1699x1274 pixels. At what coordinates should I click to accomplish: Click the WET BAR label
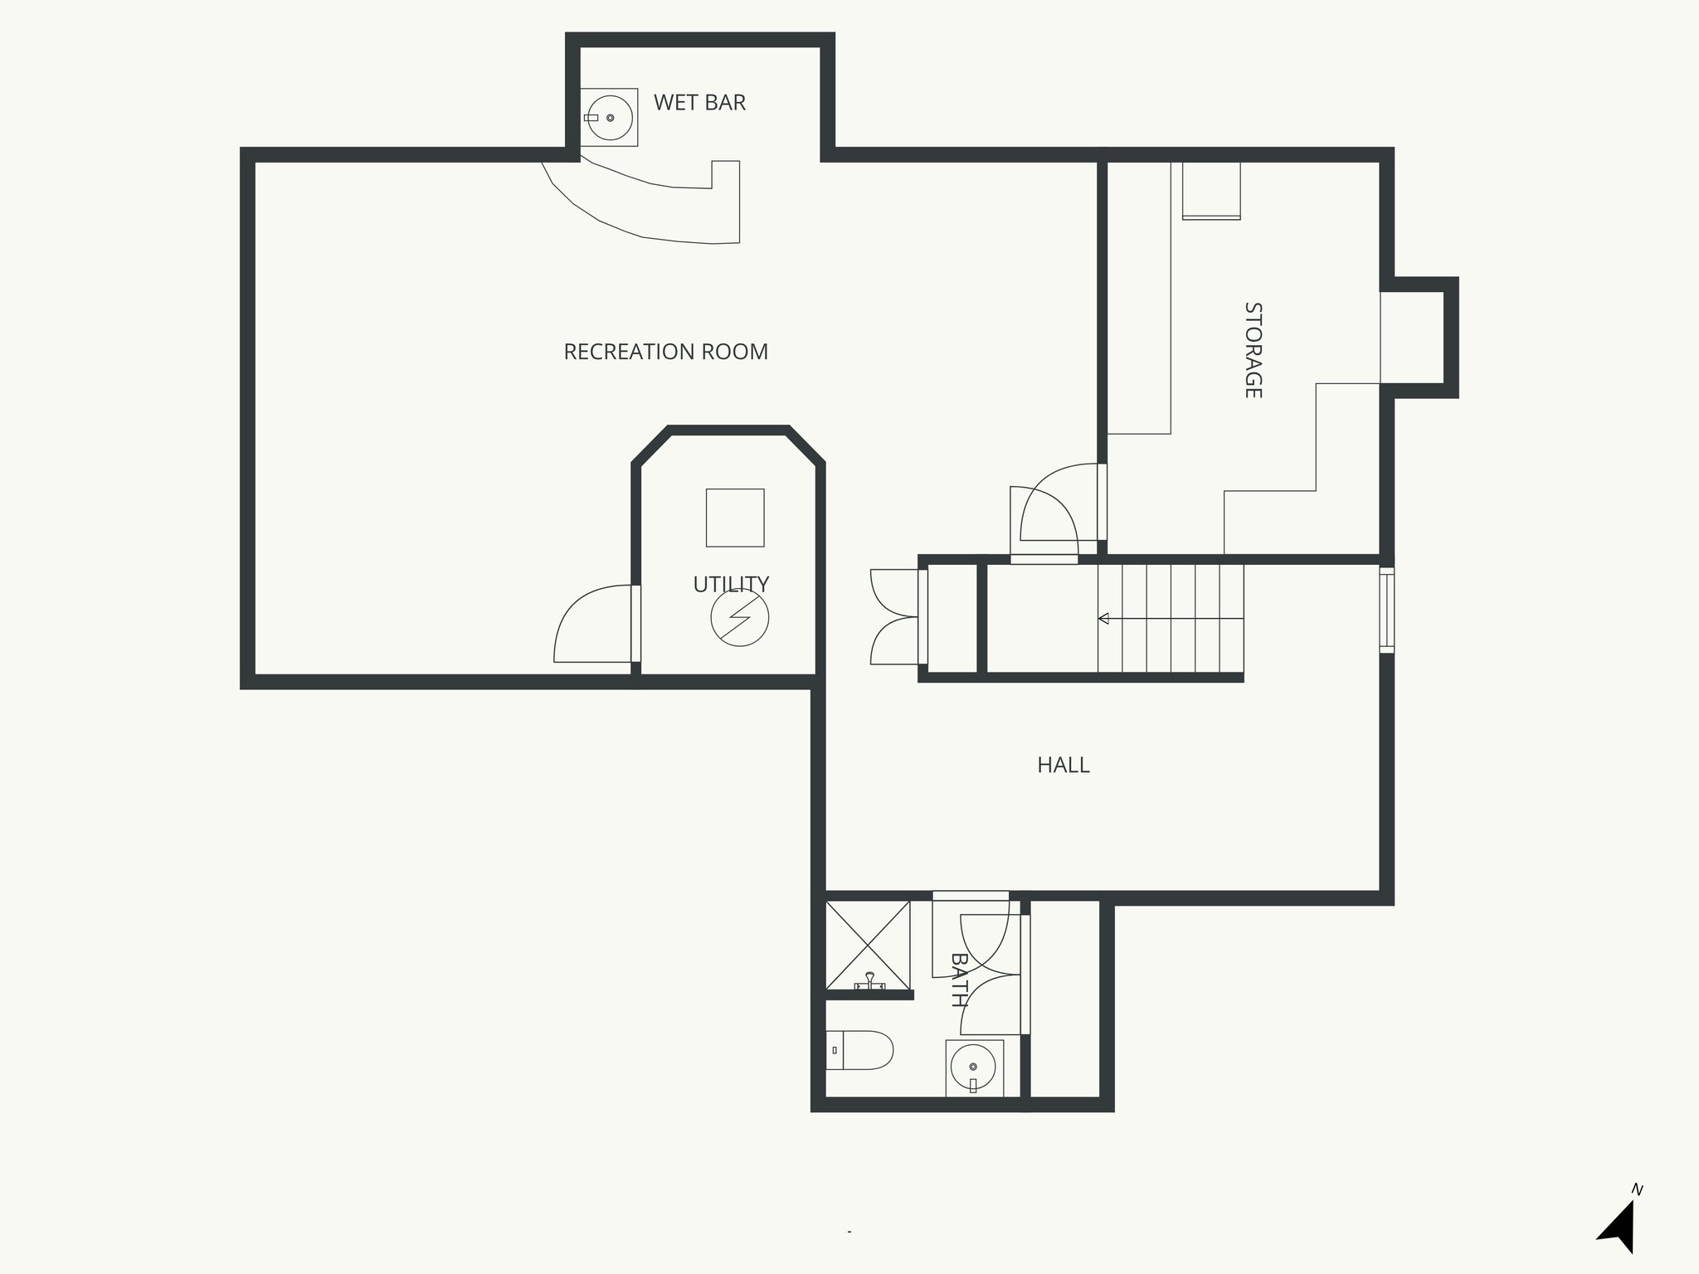pos(699,103)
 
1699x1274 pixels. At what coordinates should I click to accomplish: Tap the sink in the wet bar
pos(610,118)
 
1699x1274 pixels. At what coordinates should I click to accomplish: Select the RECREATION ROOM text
pos(665,353)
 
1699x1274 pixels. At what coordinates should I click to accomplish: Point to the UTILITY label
pos(731,585)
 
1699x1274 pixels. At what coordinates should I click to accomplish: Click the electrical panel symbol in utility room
pos(739,618)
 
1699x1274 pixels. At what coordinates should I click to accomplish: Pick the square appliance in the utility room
pos(734,518)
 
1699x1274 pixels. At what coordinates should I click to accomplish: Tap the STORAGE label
pos(1253,350)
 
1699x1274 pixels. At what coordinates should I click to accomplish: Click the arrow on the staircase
pos(1104,619)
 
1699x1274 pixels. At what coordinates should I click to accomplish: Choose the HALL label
pos(1063,765)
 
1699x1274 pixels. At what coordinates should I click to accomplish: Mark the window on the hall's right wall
pos(1386,610)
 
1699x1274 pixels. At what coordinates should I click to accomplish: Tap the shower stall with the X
pos(868,945)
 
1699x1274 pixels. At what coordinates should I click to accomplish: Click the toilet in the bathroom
pos(861,1051)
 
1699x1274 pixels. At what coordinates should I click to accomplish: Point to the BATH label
pos(959,980)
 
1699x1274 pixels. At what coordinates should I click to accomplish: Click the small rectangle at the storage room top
pos(1211,191)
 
